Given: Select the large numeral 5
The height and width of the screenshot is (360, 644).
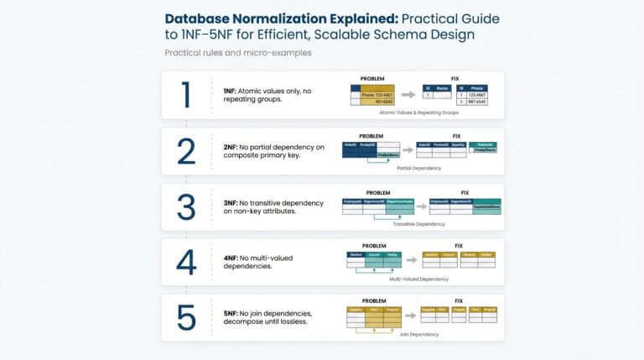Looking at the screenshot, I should point(187,317).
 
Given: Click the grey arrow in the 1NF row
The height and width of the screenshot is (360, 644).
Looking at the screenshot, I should point(408,95).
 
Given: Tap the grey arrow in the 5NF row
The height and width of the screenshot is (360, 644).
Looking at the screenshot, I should point(410,316).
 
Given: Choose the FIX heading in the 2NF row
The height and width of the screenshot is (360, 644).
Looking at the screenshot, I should point(456,136).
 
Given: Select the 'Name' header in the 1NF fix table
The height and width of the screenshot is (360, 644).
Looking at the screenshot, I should point(442,86).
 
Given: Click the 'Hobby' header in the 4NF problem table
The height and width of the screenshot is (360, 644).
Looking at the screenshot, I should point(392,253).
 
